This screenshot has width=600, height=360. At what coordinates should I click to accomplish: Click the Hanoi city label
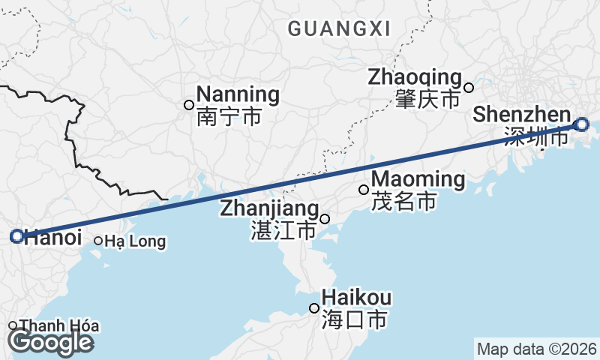52,237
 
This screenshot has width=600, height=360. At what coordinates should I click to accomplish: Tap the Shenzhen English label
522,115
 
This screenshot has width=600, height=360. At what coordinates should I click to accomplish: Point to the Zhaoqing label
413,76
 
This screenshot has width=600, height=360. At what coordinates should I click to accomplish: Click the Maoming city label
418,179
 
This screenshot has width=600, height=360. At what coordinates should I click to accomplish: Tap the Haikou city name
356,298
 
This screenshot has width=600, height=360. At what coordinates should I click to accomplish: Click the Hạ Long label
135,241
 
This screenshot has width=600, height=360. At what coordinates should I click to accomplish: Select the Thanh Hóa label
59,326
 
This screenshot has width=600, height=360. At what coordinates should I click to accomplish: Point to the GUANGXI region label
339,29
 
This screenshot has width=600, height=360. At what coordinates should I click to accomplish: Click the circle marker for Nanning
189,105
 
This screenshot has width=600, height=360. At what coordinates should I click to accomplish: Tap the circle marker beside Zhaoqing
469,87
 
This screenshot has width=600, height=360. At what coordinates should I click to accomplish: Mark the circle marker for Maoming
364,190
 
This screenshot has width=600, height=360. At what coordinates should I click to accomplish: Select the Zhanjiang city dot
325,219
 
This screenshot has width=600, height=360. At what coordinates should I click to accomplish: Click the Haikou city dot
314,308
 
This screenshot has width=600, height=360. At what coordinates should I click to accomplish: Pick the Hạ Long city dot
98,241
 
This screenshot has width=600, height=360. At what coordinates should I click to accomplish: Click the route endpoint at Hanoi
17,236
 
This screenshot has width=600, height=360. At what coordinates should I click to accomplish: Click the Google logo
50,342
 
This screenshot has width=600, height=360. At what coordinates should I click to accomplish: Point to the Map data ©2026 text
537,349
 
